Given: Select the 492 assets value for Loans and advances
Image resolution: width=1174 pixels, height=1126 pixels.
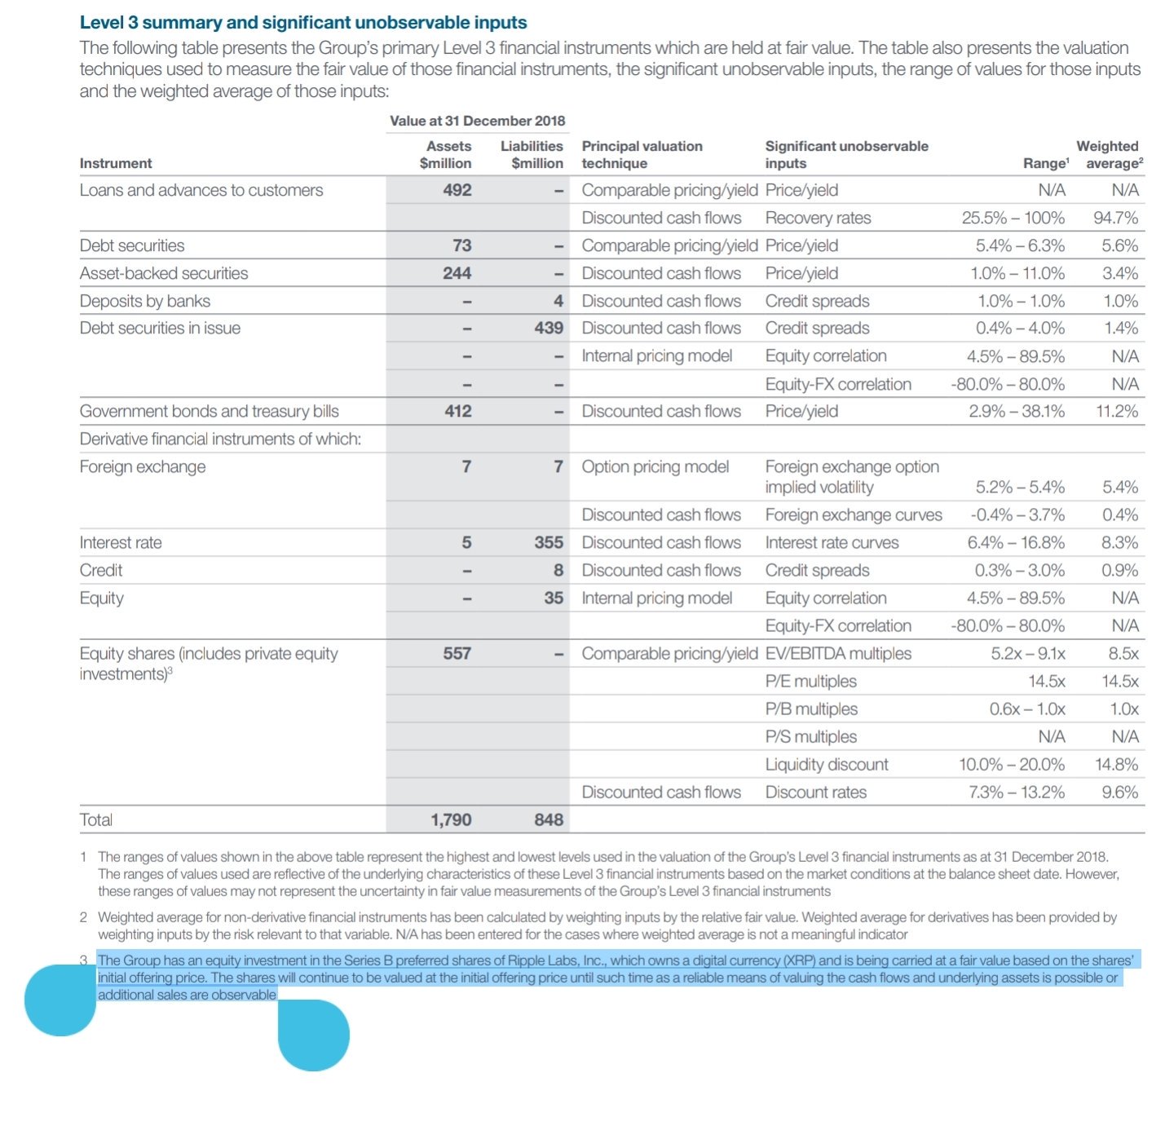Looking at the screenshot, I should pyautogui.click(x=457, y=190).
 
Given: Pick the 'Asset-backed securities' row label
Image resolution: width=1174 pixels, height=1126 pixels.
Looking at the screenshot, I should pyautogui.click(x=164, y=273).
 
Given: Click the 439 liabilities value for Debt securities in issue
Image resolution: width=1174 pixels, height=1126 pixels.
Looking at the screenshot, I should pyautogui.click(x=549, y=328).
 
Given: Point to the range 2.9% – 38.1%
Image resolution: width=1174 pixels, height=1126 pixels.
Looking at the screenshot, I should pyautogui.click(x=1016, y=411).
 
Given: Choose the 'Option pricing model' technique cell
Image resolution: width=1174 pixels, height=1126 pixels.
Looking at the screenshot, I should pyautogui.click(x=655, y=466).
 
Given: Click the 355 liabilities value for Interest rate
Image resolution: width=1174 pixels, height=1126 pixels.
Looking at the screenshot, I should pyautogui.click(x=549, y=542).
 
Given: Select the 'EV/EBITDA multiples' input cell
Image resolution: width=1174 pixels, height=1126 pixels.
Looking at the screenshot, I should pyautogui.click(x=838, y=653).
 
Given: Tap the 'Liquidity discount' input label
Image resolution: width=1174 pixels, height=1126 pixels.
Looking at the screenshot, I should pyautogui.click(x=827, y=764).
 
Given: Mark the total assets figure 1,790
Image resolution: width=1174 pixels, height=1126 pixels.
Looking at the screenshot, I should pyautogui.click(x=451, y=819).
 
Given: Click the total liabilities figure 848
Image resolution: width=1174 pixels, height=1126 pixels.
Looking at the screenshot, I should pyautogui.click(x=549, y=819).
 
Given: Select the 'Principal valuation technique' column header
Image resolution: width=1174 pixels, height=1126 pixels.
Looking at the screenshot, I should pyautogui.click(x=642, y=154).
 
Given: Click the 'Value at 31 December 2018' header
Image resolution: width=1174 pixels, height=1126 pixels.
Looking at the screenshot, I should pyautogui.click(x=477, y=121).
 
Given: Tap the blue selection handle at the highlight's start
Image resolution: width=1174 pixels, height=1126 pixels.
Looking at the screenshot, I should pyautogui.click(x=60, y=1000).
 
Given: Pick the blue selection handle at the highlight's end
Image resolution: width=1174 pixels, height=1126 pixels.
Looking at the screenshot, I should pyautogui.click(x=314, y=1035).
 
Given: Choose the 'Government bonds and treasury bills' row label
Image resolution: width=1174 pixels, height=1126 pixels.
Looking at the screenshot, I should pyautogui.click(x=210, y=411).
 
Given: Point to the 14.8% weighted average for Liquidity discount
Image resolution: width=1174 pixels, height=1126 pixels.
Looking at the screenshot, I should pyautogui.click(x=1116, y=764).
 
